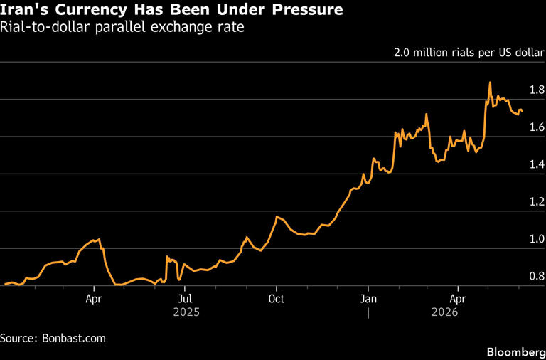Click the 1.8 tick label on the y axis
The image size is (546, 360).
(x=535, y=90)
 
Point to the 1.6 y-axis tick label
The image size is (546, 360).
(x=535, y=128)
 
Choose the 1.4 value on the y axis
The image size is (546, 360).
(x=535, y=165)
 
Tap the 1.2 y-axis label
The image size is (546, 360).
(x=535, y=203)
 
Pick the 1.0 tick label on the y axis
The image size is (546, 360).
(x=535, y=240)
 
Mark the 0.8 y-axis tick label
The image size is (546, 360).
(x=535, y=277)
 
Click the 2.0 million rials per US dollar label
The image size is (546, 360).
(x=469, y=53)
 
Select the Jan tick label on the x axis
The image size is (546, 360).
(x=368, y=299)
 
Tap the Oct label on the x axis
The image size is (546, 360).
(x=276, y=299)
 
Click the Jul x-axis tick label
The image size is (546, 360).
(x=184, y=299)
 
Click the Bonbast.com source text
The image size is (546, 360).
(x=75, y=339)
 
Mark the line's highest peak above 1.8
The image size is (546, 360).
(x=490, y=83)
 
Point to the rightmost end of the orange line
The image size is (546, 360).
(x=523, y=111)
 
